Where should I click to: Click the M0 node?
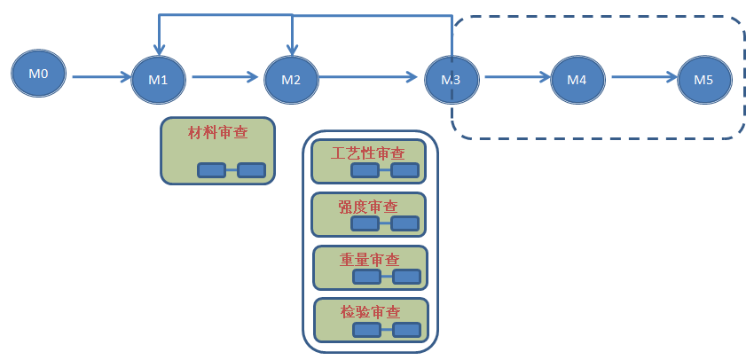(x=39, y=74)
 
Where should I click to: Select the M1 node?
(x=159, y=79)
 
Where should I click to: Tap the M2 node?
(x=292, y=79)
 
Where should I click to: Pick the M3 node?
(x=452, y=79)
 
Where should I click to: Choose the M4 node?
(x=577, y=79)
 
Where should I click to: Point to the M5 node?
(x=704, y=79)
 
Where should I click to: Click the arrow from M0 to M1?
(x=101, y=78)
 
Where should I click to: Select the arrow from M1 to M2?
(x=227, y=78)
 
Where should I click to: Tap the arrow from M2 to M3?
(x=369, y=78)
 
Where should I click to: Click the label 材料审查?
(x=217, y=133)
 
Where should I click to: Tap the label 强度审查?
(x=368, y=206)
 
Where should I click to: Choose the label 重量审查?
(x=369, y=259)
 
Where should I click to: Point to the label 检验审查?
(x=370, y=312)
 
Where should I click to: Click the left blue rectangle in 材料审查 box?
(x=211, y=170)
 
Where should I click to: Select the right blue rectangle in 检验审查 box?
(x=406, y=331)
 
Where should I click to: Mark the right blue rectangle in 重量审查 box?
(x=406, y=278)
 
